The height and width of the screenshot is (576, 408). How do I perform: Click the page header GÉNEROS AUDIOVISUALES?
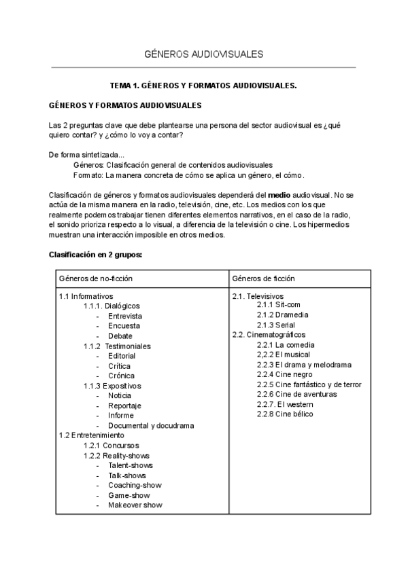[x=204, y=54]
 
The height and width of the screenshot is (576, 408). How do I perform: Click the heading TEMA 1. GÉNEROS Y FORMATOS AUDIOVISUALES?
[x=203, y=86]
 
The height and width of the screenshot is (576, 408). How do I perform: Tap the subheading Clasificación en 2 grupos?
[x=95, y=255]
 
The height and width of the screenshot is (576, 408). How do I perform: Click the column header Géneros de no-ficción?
[x=96, y=278]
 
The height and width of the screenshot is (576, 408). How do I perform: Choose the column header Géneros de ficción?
[x=263, y=278]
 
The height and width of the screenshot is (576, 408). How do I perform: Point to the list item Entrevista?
[x=124, y=317]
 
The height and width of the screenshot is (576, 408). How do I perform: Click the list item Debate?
[x=120, y=336]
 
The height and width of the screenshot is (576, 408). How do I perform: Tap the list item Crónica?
[x=121, y=376]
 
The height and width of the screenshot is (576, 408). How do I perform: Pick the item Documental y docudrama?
[x=150, y=425]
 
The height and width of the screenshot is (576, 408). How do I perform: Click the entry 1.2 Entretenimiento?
[x=92, y=435]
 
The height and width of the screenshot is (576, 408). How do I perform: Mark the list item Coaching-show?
[x=134, y=485]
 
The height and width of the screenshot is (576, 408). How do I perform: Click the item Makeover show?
[x=135, y=505]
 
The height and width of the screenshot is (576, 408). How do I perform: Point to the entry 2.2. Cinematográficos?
[x=269, y=335]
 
